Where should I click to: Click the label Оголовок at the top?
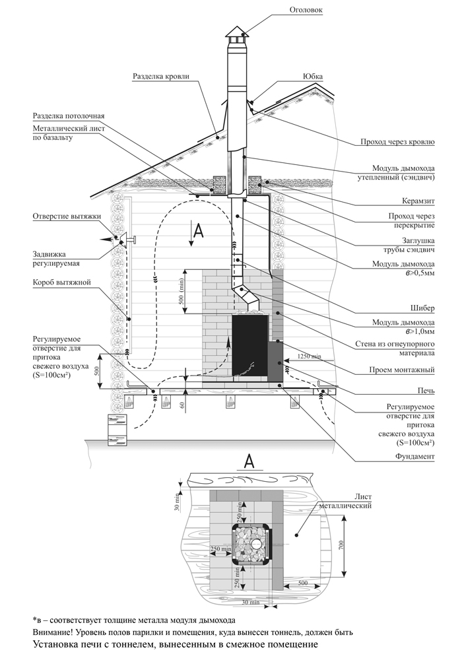[306, 9]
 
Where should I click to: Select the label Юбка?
[313, 76]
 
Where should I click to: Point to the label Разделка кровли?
[161, 76]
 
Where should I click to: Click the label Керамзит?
[417, 201]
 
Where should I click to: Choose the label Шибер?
[423, 308]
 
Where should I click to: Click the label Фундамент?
[415, 456]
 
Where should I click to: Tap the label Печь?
[426, 391]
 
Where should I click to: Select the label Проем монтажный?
[402, 370]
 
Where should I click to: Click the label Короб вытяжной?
[62, 282]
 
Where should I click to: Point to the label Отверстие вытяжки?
[67, 216]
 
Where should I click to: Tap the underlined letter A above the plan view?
[249, 461]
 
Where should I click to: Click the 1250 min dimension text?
[309, 356]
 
